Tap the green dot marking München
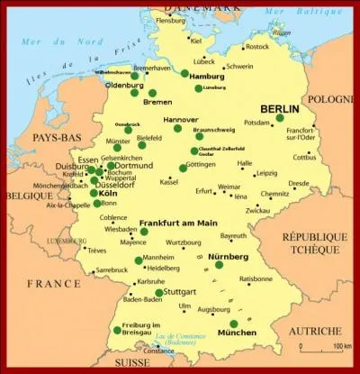[x=234, y=324]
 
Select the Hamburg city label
[x=208, y=77]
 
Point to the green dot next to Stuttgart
[x=159, y=293]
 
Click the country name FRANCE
[x=52, y=283]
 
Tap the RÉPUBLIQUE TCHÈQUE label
[x=314, y=242]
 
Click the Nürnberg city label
[x=228, y=256]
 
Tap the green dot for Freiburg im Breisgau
[x=117, y=331]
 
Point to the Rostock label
[x=256, y=47]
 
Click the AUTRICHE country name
[x=315, y=331]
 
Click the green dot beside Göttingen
[x=183, y=168]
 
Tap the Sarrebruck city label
[x=112, y=269]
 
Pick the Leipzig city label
[x=266, y=173]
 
